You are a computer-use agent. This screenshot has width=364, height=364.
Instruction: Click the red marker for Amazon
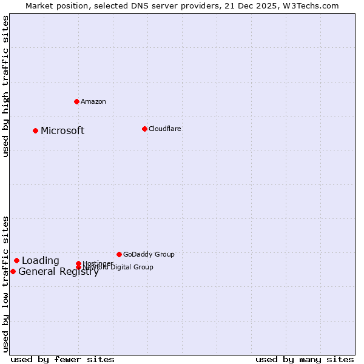pyautogui.click(x=76, y=101)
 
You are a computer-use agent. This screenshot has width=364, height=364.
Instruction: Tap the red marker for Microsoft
pyautogui.click(x=36, y=130)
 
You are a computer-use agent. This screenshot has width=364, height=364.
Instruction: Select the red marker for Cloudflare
pyautogui.click(x=144, y=129)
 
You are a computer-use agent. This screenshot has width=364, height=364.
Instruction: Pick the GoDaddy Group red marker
pyautogui.click(x=119, y=254)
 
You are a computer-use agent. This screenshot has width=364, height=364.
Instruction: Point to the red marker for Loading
pyautogui.click(x=17, y=260)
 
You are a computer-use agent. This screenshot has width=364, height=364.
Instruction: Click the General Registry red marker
pyautogui.click(x=13, y=271)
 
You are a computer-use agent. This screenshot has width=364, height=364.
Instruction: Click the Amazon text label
pyautogui.click(x=93, y=101)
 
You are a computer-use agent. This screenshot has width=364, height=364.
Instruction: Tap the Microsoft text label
pyautogui.click(x=62, y=131)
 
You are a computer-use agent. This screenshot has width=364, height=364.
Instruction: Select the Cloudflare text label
pyautogui.click(x=165, y=129)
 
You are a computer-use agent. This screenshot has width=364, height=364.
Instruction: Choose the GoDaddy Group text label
pyautogui.click(x=149, y=254)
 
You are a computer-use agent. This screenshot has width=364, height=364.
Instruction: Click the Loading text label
pyautogui.click(x=41, y=261)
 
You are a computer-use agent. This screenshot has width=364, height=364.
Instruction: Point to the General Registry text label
pyautogui.click(x=58, y=272)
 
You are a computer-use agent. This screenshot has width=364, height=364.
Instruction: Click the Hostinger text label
pyautogui.click(x=98, y=263)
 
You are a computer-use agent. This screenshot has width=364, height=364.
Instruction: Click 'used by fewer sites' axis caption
pyautogui.click(x=62, y=359)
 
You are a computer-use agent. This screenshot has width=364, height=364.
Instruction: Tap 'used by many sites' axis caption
pyautogui.click(x=305, y=359)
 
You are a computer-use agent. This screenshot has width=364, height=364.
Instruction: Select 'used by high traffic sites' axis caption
pyautogui.click(x=6, y=86)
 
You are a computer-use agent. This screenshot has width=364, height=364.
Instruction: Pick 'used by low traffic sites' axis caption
pyautogui.click(x=6, y=284)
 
